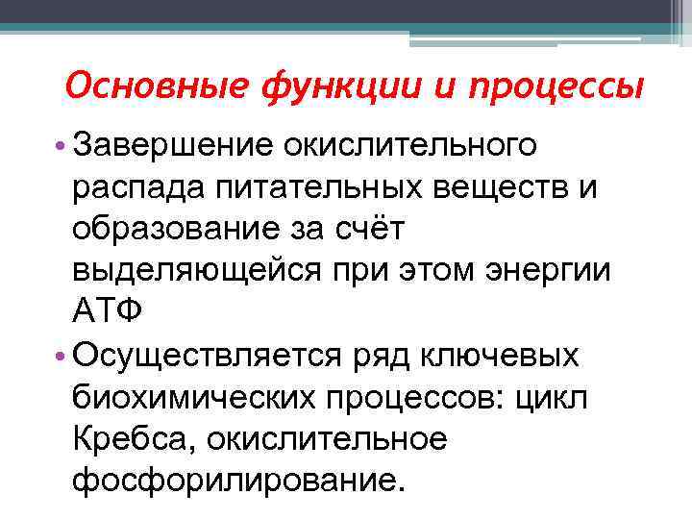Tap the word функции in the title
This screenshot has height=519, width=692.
click(x=316, y=89)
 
